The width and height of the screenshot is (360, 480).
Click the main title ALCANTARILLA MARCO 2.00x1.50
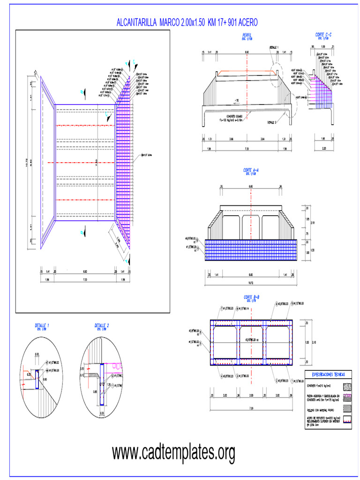[187, 22]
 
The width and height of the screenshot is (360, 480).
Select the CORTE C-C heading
[323, 35]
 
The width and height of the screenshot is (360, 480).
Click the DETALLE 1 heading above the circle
[42, 325]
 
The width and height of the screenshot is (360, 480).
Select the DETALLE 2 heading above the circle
[102, 325]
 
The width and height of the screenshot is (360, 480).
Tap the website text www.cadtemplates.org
[173, 453]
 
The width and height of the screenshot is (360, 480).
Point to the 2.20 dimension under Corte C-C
[322, 149]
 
